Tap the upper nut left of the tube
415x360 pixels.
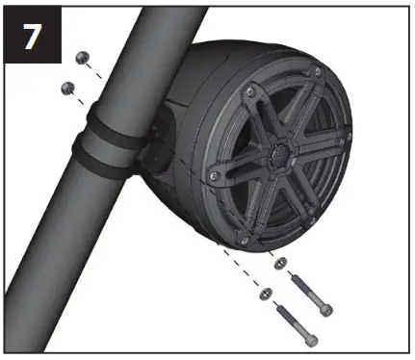click(x=82, y=60)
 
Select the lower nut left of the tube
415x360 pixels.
click(x=68, y=88)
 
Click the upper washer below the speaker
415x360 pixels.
click(x=279, y=263)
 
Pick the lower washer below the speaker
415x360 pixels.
click(x=267, y=291)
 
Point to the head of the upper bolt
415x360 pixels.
click(x=326, y=309)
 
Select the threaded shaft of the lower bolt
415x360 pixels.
click(x=288, y=319)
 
